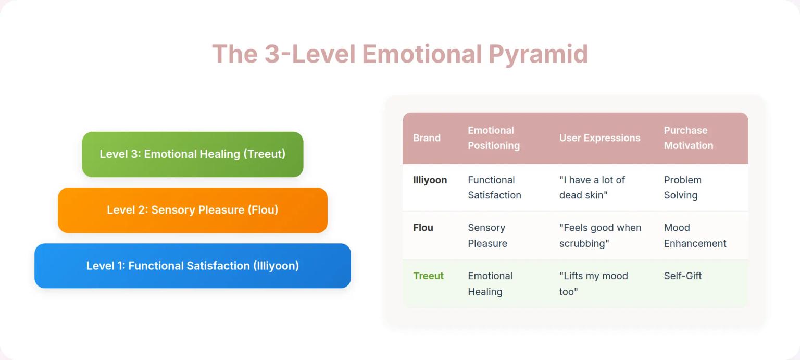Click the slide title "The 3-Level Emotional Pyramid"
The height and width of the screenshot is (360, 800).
click(x=399, y=54)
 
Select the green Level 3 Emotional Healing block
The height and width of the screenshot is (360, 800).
click(x=192, y=154)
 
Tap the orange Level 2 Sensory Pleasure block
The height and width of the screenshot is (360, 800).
click(x=192, y=210)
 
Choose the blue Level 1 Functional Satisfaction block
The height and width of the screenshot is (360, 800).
click(x=192, y=266)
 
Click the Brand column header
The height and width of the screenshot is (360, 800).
click(x=427, y=138)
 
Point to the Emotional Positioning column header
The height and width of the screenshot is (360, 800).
click(x=493, y=138)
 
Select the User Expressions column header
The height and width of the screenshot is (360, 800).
click(x=599, y=138)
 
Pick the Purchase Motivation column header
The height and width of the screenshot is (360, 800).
click(x=688, y=138)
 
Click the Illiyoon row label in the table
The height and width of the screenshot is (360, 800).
click(x=430, y=180)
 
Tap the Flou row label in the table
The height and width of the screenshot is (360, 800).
click(x=423, y=228)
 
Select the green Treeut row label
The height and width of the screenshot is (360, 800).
click(x=428, y=276)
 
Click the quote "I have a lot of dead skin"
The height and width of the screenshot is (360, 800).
click(x=592, y=188)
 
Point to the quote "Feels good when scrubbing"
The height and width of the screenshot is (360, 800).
click(x=600, y=235)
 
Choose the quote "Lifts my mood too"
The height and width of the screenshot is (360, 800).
click(x=593, y=283)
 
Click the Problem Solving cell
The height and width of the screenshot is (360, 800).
click(x=682, y=188)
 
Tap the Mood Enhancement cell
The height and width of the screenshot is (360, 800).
click(x=695, y=235)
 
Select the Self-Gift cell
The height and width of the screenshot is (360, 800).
click(x=682, y=276)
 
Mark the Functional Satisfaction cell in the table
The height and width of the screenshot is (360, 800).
click(x=494, y=188)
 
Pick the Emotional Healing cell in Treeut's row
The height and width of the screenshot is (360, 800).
click(x=490, y=283)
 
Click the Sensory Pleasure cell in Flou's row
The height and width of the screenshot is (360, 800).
click(x=487, y=235)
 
